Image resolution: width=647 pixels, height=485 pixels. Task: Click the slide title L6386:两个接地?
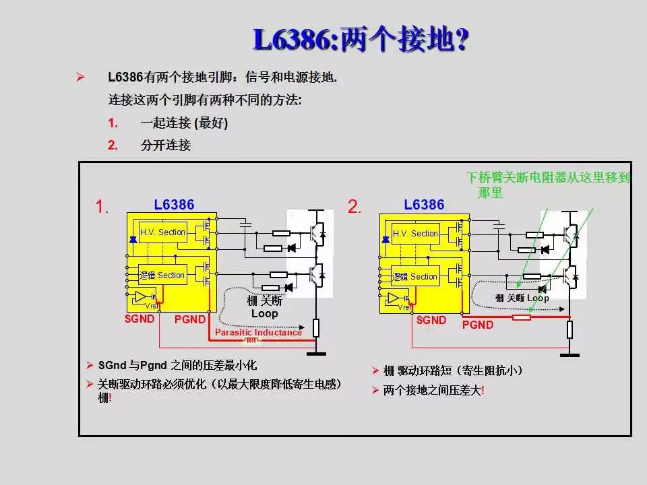(360, 40)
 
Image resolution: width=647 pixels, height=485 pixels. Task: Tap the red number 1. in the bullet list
(113, 123)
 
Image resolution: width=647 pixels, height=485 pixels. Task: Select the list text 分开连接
(166, 145)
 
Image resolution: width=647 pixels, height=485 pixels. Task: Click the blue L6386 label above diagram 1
(174, 205)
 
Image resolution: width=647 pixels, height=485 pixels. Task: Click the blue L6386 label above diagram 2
(424, 205)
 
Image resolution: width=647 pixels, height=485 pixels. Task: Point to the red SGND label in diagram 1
(140, 319)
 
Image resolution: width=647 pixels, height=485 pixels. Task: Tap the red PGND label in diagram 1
(189, 319)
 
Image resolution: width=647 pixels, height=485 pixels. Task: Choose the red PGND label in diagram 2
(478, 325)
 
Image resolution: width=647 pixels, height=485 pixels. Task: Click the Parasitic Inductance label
(258, 332)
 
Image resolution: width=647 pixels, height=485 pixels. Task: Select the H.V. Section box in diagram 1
(162, 232)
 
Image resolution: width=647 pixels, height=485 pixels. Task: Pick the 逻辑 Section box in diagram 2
(414, 276)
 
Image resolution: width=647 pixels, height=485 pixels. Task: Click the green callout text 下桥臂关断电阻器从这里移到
(548, 178)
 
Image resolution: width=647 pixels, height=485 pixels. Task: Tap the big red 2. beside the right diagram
(355, 207)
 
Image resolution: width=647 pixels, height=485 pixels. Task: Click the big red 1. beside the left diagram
(102, 207)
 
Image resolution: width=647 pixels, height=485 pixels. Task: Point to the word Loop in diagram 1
(264, 314)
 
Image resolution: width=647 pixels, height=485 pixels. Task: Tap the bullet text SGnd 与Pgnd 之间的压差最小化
(177, 365)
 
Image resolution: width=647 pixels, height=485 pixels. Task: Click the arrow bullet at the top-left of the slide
(80, 77)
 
